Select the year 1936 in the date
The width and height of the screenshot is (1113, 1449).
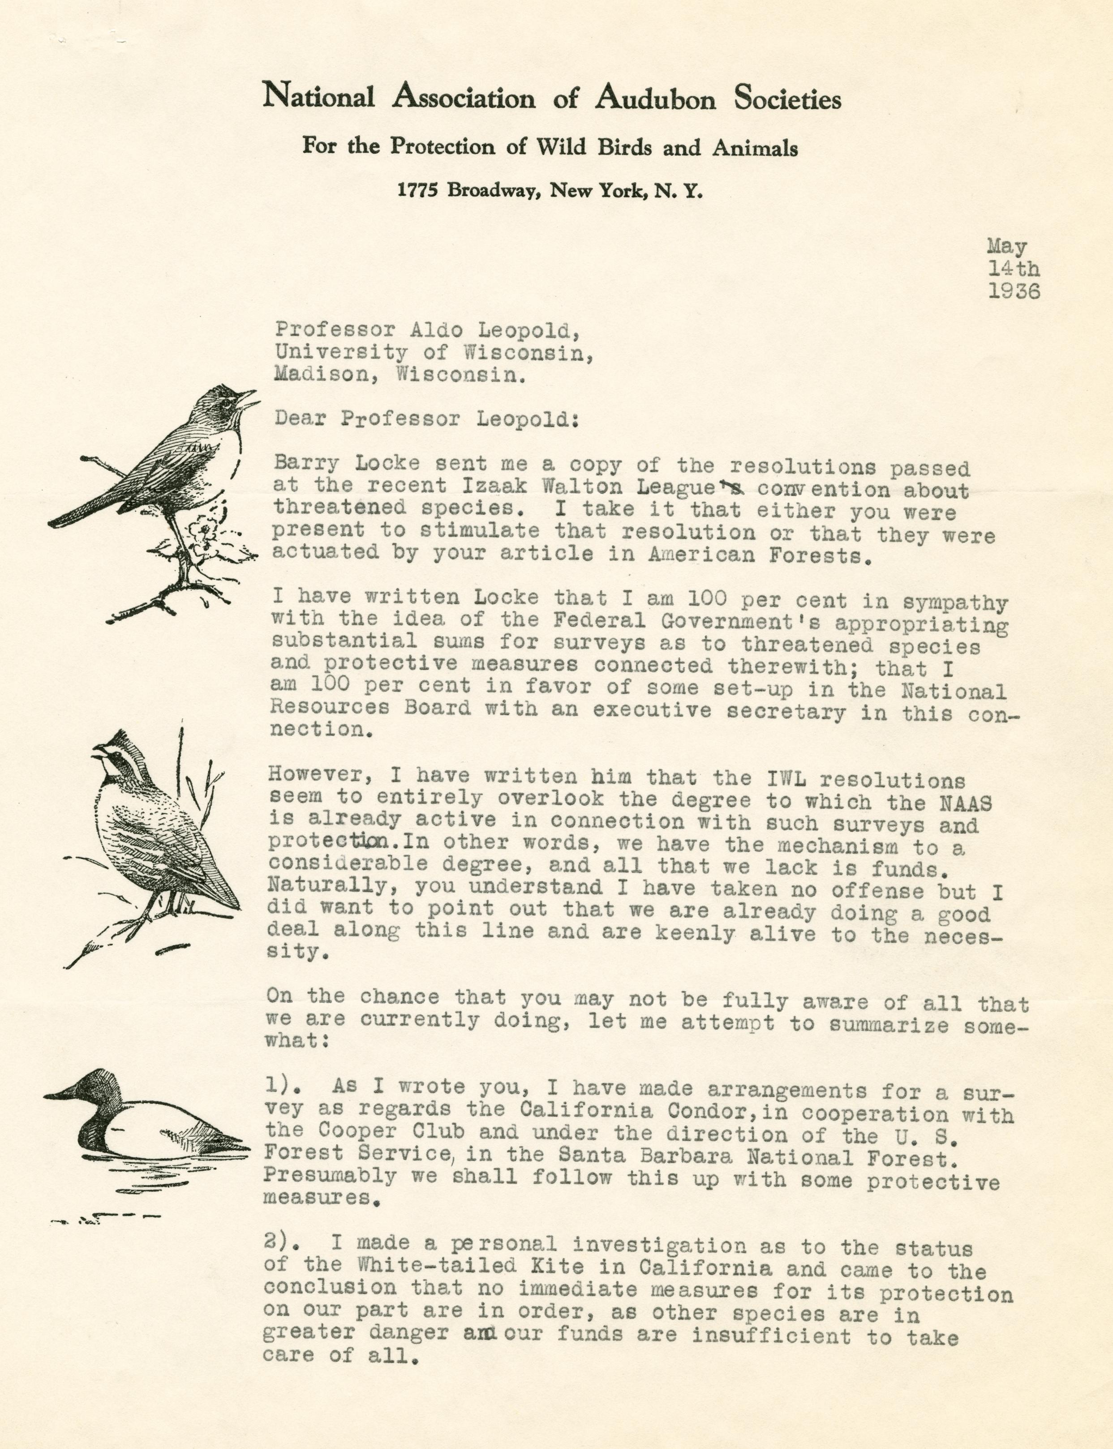pos(1014,292)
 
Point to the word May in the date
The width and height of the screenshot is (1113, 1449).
pos(1007,247)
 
